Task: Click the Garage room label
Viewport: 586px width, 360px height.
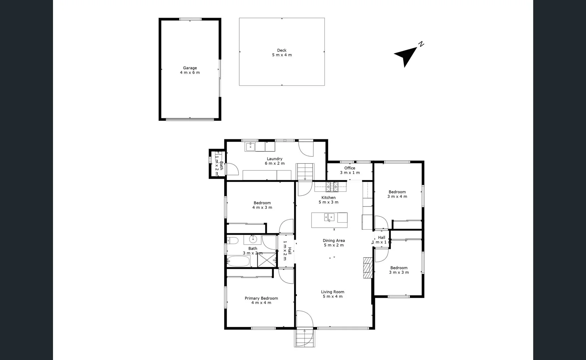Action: point(190,70)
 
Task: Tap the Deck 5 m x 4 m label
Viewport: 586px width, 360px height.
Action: point(282,53)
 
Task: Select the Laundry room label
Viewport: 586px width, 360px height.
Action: point(274,161)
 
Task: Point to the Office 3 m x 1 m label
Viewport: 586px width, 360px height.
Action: point(350,170)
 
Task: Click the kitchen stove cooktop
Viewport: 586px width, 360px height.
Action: point(332,187)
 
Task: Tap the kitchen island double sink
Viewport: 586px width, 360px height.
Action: point(329,218)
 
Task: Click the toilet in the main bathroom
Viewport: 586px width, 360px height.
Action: point(232,240)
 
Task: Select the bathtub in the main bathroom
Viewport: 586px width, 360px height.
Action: point(238,261)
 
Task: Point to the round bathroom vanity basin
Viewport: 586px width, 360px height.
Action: point(253,239)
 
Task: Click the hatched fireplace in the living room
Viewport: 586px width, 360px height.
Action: point(368,267)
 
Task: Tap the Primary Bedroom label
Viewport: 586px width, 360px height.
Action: point(261,300)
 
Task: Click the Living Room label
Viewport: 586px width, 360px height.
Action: point(333,294)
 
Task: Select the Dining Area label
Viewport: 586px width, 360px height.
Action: point(334,243)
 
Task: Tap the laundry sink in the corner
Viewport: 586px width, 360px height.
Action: point(250,146)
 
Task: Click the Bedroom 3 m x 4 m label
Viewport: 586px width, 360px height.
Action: point(397,194)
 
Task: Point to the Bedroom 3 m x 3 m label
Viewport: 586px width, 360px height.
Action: point(399,270)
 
